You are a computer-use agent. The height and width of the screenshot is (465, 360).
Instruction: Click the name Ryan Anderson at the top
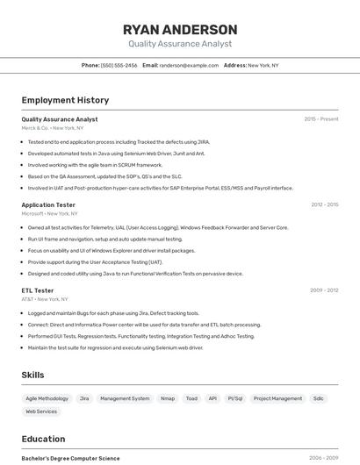click(x=180, y=29)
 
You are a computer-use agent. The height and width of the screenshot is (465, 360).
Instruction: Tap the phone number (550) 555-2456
click(x=119, y=65)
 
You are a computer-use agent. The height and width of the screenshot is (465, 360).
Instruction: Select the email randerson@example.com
click(x=189, y=65)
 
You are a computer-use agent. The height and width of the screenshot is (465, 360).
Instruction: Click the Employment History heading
click(x=65, y=100)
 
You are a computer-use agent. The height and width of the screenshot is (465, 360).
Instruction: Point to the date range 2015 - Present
click(x=320, y=119)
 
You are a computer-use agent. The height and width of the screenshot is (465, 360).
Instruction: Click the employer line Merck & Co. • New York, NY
click(x=53, y=128)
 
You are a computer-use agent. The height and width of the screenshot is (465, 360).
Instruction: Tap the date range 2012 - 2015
click(x=324, y=204)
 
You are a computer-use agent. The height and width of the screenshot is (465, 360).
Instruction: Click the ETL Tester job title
click(x=38, y=290)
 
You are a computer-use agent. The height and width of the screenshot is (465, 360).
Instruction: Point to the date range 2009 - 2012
click(x=324, y=290)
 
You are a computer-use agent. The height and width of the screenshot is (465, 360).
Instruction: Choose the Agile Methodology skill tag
click(x=47, y=398)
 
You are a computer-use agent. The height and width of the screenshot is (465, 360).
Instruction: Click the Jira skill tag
click(x=84, y=398)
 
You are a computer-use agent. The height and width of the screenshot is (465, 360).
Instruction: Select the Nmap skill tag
click(x=167, y=398)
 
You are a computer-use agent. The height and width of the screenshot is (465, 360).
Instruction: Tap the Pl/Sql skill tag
click(x=235, y=398)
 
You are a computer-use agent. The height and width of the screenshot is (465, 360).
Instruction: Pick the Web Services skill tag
click(x=41, y=411)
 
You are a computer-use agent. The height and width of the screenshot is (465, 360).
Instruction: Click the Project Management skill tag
click(x=277, y=398)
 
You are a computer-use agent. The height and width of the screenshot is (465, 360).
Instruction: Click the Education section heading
click(x=43, y=439)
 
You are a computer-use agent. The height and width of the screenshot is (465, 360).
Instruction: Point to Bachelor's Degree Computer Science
click(x=70, y=458)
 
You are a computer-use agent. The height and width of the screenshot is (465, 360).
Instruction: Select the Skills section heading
click(x=32, y=375)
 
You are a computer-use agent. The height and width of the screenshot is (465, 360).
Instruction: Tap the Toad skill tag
click(x=191, y=398)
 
